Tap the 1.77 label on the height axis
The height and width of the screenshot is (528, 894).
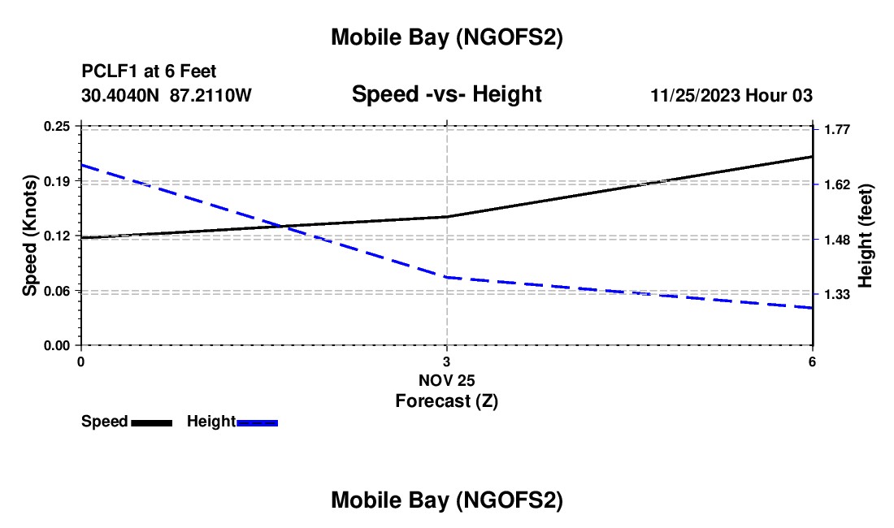(836, 130)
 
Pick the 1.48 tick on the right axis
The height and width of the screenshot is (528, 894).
(836, 240)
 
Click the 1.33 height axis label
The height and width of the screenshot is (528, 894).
(836, 294)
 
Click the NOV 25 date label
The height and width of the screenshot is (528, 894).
(446, 379)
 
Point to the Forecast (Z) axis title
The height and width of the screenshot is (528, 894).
(446, 400)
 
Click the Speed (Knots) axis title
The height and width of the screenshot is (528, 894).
(30, 236)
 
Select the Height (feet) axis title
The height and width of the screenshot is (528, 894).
(866, 236)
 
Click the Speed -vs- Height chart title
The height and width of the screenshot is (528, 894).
(446, 95)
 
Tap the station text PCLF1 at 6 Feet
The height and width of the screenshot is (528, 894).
(149, 72)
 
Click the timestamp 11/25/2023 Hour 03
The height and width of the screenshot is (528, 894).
(731, 95)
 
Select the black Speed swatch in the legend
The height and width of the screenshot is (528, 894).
(151, 422)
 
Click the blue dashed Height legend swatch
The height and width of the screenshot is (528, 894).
(258, 422)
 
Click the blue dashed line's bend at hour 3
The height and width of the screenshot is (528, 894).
(447, 277)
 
